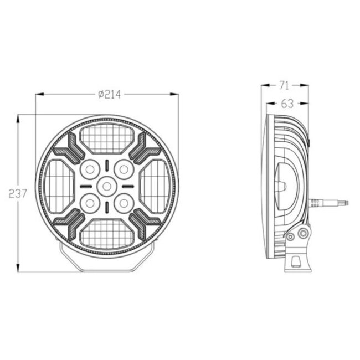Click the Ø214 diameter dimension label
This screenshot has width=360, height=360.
tap(109, 95)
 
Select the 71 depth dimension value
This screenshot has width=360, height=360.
tap(285, 85)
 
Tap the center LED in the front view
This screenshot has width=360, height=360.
tap(106, 186)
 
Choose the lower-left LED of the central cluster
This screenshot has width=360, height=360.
tap(89, 203)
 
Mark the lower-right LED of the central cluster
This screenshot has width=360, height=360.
tap(123, 203)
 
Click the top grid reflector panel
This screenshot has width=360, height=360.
tap(106, 138)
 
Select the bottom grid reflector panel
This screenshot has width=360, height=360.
tap(106, 233)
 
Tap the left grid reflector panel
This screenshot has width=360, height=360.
tap(59, 185)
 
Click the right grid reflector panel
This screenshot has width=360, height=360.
tap(153, 185)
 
